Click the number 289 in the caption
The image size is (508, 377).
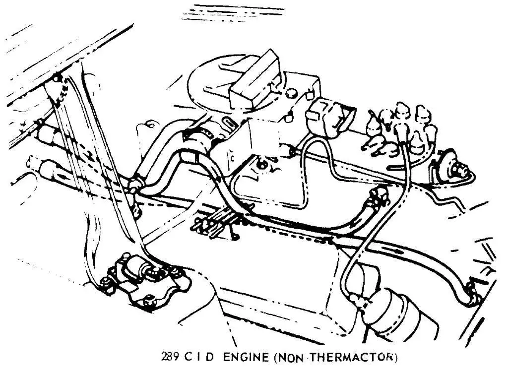point(170,356)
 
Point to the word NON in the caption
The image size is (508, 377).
point(298,356)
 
